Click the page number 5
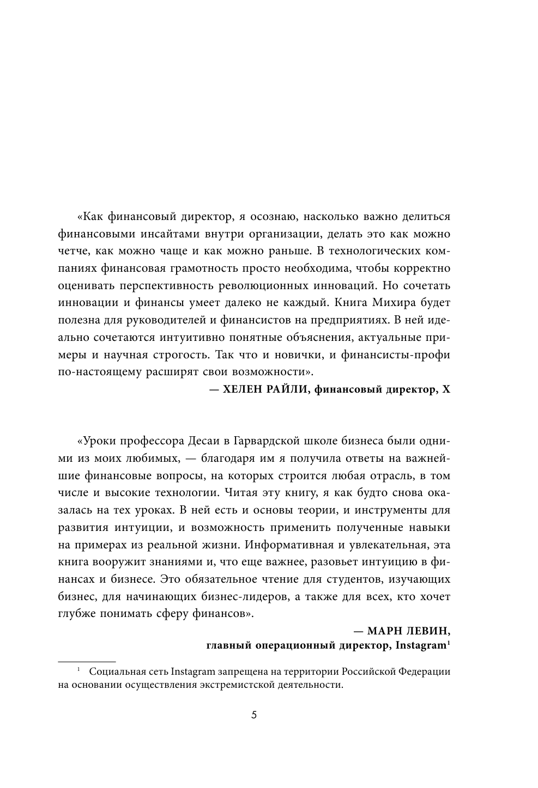253,714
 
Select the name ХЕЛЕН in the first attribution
244,389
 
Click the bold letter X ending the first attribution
447,389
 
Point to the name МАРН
386,631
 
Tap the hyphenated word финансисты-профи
396,355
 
